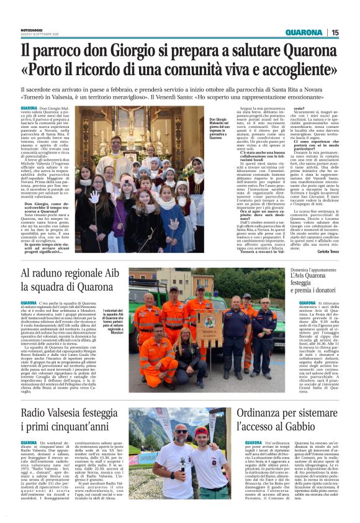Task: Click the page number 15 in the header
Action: point(335,32)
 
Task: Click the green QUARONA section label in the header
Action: point(304,32)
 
